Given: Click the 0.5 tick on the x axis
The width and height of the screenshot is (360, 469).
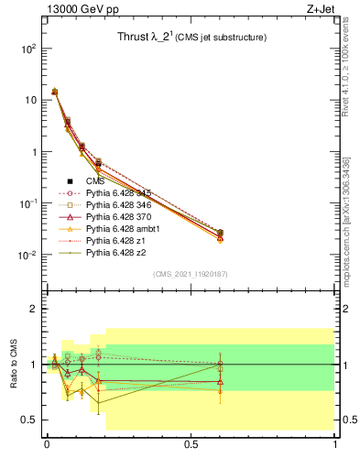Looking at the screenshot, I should coord(191,444).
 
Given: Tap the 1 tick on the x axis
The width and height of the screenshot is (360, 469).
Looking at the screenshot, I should coord(335,444).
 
